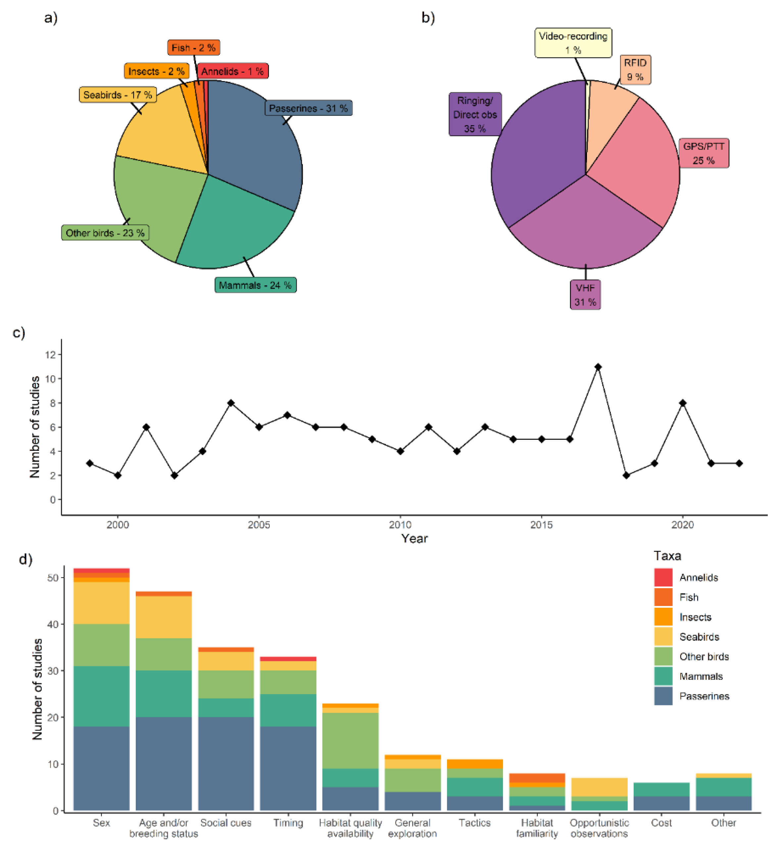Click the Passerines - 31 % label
tap(308, 108)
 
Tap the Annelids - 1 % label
tap(232, 71)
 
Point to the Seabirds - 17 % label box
tap(118, 95)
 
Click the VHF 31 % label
tap(585, 295)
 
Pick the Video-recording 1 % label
tap(573, 43)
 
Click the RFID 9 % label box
tap(635, 70)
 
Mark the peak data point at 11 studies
tap(598, 367)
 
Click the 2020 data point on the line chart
tap(683, 403)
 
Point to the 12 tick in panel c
tap(51, 354)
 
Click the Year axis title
tap(414, 539)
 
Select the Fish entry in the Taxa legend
tap(689, 597)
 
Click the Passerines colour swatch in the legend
tap(663, 696)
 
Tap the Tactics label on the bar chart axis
tap(474, 823)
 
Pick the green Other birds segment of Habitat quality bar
tap(350, 741)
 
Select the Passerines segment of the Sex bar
tap(102, 768)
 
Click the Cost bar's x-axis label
tap(661, 823)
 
